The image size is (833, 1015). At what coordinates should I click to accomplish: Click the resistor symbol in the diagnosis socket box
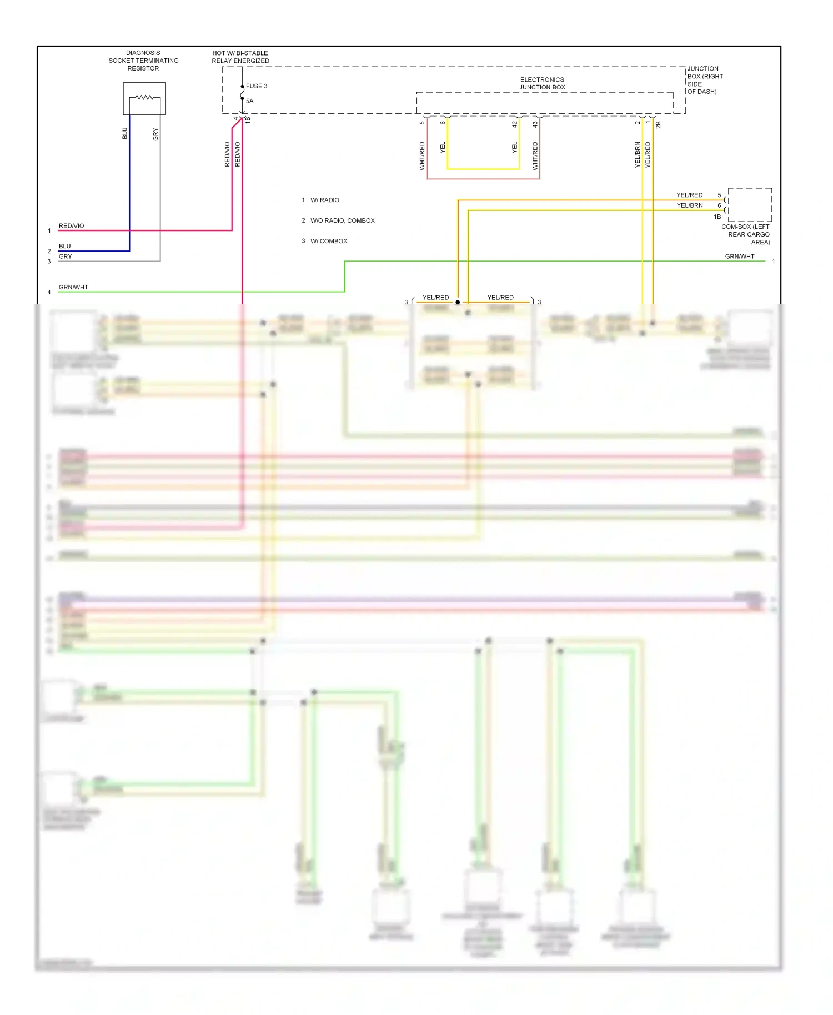(144, 98)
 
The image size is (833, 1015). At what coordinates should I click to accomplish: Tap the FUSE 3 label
(257, 86)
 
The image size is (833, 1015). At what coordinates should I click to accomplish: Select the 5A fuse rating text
(250, 101)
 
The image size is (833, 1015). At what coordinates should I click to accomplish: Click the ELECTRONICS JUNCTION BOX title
(542, 83)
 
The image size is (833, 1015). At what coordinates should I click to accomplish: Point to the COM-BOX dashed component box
(750, 204)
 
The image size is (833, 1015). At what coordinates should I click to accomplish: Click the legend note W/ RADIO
(324, 200)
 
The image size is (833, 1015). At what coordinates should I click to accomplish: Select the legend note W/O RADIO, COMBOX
(342, 220)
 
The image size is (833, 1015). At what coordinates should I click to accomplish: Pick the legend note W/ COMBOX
(328, 241)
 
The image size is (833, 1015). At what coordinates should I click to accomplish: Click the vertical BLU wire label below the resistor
(125, 133)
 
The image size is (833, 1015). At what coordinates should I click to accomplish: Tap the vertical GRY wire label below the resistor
(155, 134)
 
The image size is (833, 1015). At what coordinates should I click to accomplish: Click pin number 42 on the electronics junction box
(515, 124)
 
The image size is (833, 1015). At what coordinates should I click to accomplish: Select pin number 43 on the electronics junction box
(535, 124)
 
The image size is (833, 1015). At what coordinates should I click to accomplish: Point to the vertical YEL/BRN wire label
(638, 154)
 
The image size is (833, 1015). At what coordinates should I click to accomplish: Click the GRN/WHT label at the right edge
(740, 257)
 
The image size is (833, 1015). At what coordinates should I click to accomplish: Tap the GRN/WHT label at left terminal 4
(73, 287)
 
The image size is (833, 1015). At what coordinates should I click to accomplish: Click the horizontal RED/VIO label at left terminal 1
(72, 226)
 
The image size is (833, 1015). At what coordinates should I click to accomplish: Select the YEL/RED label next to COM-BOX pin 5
(690, 195)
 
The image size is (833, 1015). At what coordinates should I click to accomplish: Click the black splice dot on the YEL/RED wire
(458, 302)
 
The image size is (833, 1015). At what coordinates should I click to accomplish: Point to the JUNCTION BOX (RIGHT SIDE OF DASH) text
(705, 80)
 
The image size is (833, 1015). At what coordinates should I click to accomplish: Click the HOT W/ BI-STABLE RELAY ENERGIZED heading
(240, 57)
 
